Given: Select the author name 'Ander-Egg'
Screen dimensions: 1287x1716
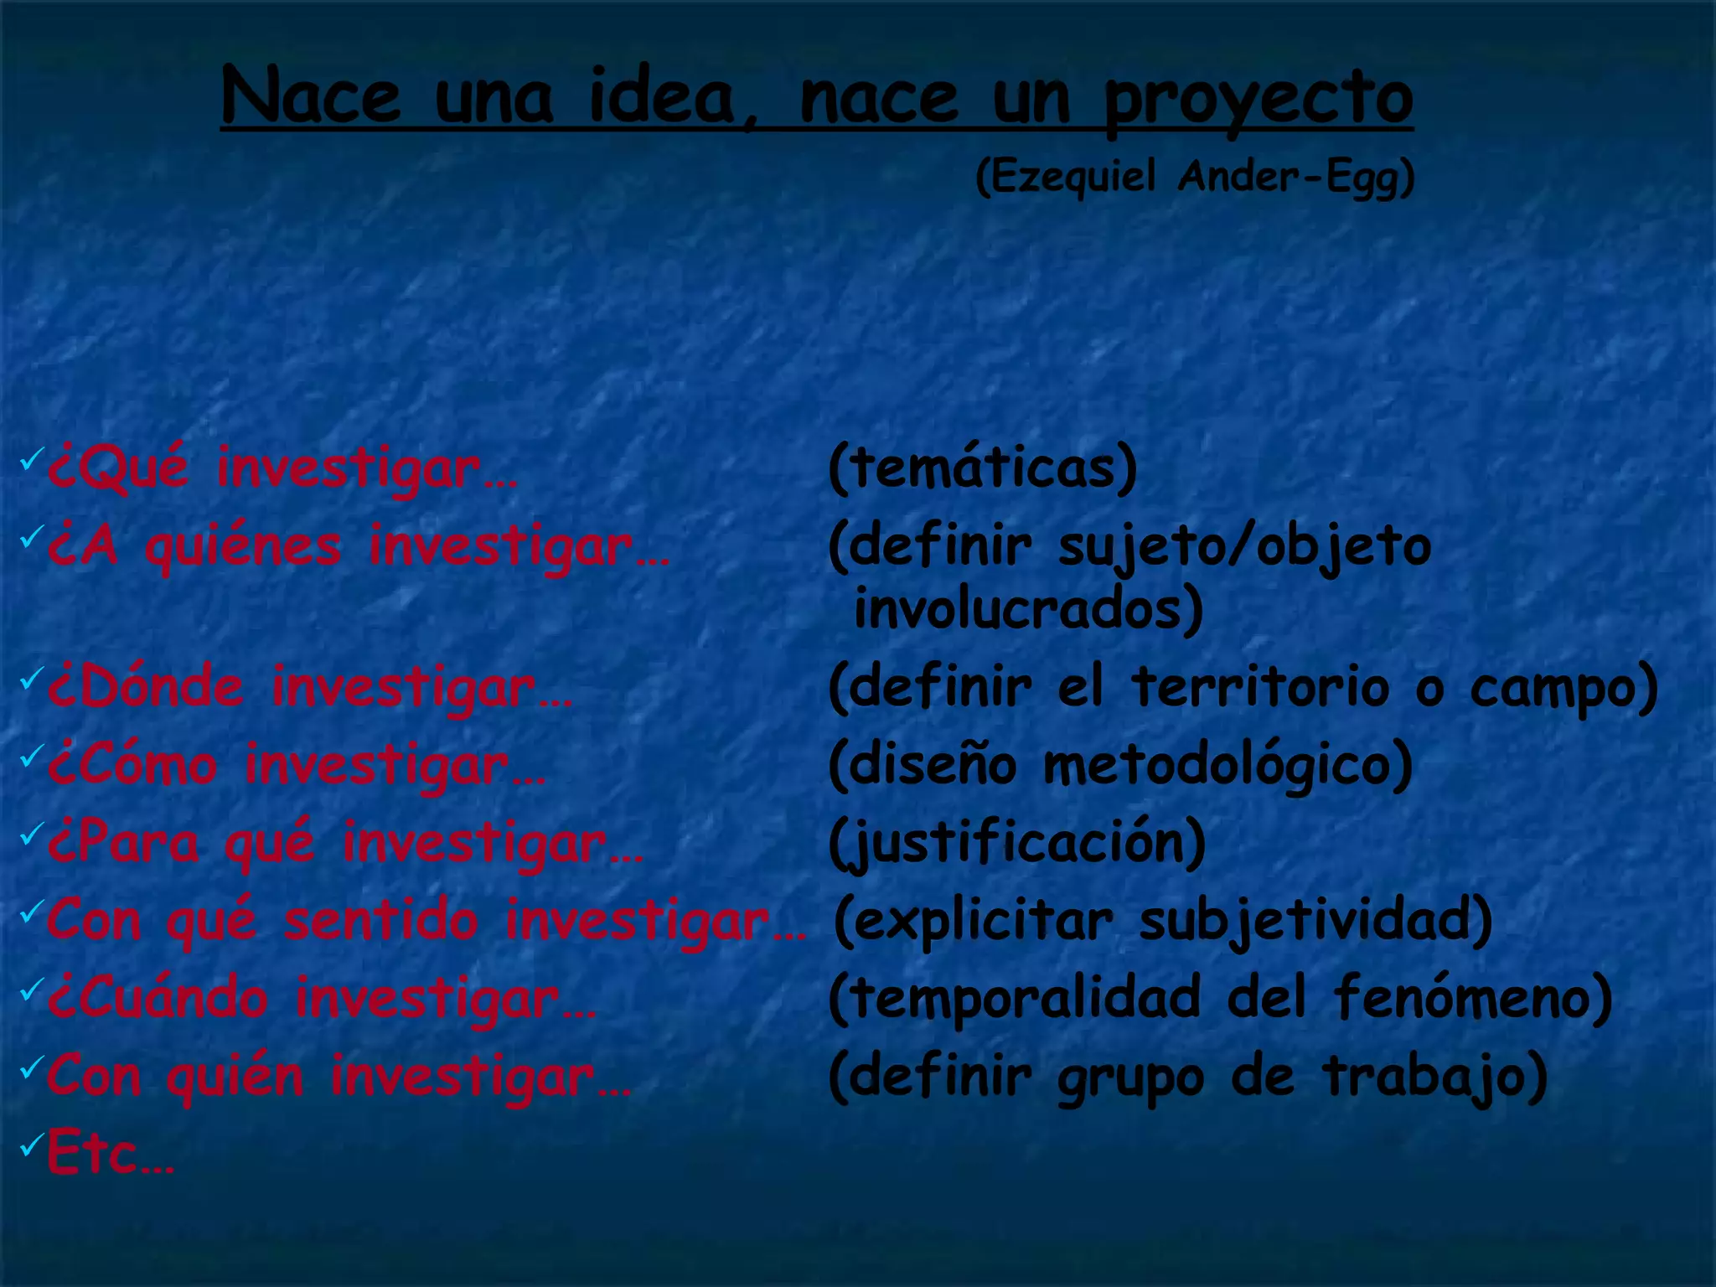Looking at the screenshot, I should click(x=1295, y=178).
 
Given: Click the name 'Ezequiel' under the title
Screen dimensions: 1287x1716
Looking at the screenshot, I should click(x=1065, y=178).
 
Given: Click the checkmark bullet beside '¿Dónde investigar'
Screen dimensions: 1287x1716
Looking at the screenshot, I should click(x=31, y=677).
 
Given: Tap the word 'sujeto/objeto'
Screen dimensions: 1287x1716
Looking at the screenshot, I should click(x=1244, y=546).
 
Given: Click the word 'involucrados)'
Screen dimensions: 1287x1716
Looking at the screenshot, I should click(x=1028, y=609).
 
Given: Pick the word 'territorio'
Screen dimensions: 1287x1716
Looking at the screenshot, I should click(x=1260, y=687).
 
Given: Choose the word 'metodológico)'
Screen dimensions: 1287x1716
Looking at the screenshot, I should click(x=1228, y=765).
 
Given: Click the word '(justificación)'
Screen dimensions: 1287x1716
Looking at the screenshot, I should click(x=1017, y=843).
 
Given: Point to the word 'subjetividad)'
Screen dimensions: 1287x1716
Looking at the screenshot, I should click(x=1315, y=920).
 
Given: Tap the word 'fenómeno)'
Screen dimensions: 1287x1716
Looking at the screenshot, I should click(x=1474, y=998).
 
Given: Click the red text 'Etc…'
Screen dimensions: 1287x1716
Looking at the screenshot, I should click(x=110, y=1154).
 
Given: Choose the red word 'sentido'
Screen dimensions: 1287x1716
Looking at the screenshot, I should click(x=380, y=920).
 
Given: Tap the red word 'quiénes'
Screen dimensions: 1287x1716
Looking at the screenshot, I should click(x=243, y=546).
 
